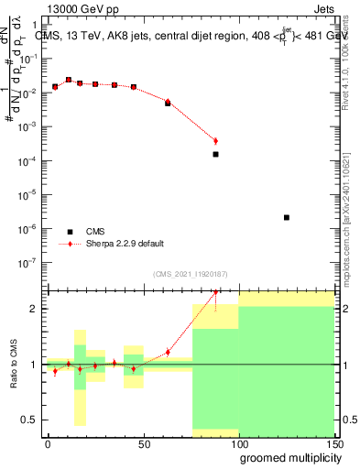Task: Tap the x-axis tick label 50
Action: pyautogui.click(x=144, y=443)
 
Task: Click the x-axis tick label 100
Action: pyautogui.click(x=238, y=443)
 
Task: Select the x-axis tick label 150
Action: pyautogui.click(x=333, y=443)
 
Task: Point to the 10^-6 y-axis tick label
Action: pyautogui.click(x=29, y=228)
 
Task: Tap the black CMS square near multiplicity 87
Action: pyautogui.click(x=215, y=154)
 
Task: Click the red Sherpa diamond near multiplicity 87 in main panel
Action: pyautogui.click(x=215, y=141)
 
